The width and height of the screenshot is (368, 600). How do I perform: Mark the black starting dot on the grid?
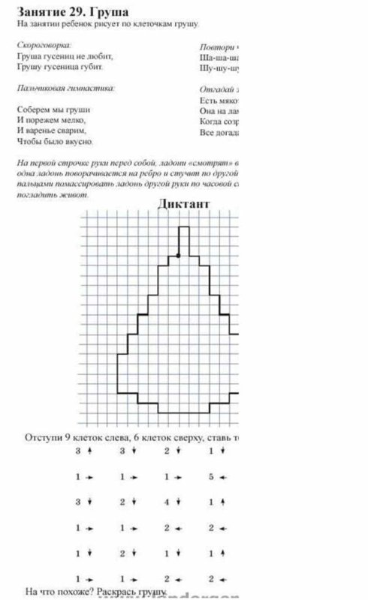(178, 256)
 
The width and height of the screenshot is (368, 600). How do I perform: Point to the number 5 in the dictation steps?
(212, 476)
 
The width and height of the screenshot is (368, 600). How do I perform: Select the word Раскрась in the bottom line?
(115, 591)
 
